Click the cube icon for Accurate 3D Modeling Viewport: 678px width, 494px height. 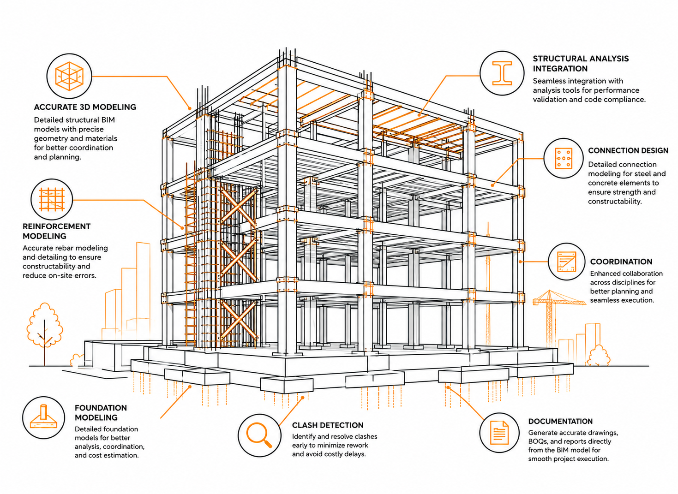point(69,76)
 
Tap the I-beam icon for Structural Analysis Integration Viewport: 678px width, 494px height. point(502,73)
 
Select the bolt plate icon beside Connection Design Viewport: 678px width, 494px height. point(563,158)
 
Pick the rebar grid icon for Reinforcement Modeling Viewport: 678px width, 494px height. point(52,199)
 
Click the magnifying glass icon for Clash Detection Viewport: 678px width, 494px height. point(259,434)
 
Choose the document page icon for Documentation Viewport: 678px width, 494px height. point(499,433)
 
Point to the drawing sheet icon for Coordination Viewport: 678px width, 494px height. point(566,262)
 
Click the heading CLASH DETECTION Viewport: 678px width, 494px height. point(328,425)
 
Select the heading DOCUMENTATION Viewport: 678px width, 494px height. point(560,421)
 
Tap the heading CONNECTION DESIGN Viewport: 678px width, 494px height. point(628,150)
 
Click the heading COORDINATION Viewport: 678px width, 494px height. point(621,262)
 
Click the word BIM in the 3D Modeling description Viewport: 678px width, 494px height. point(108,120)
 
